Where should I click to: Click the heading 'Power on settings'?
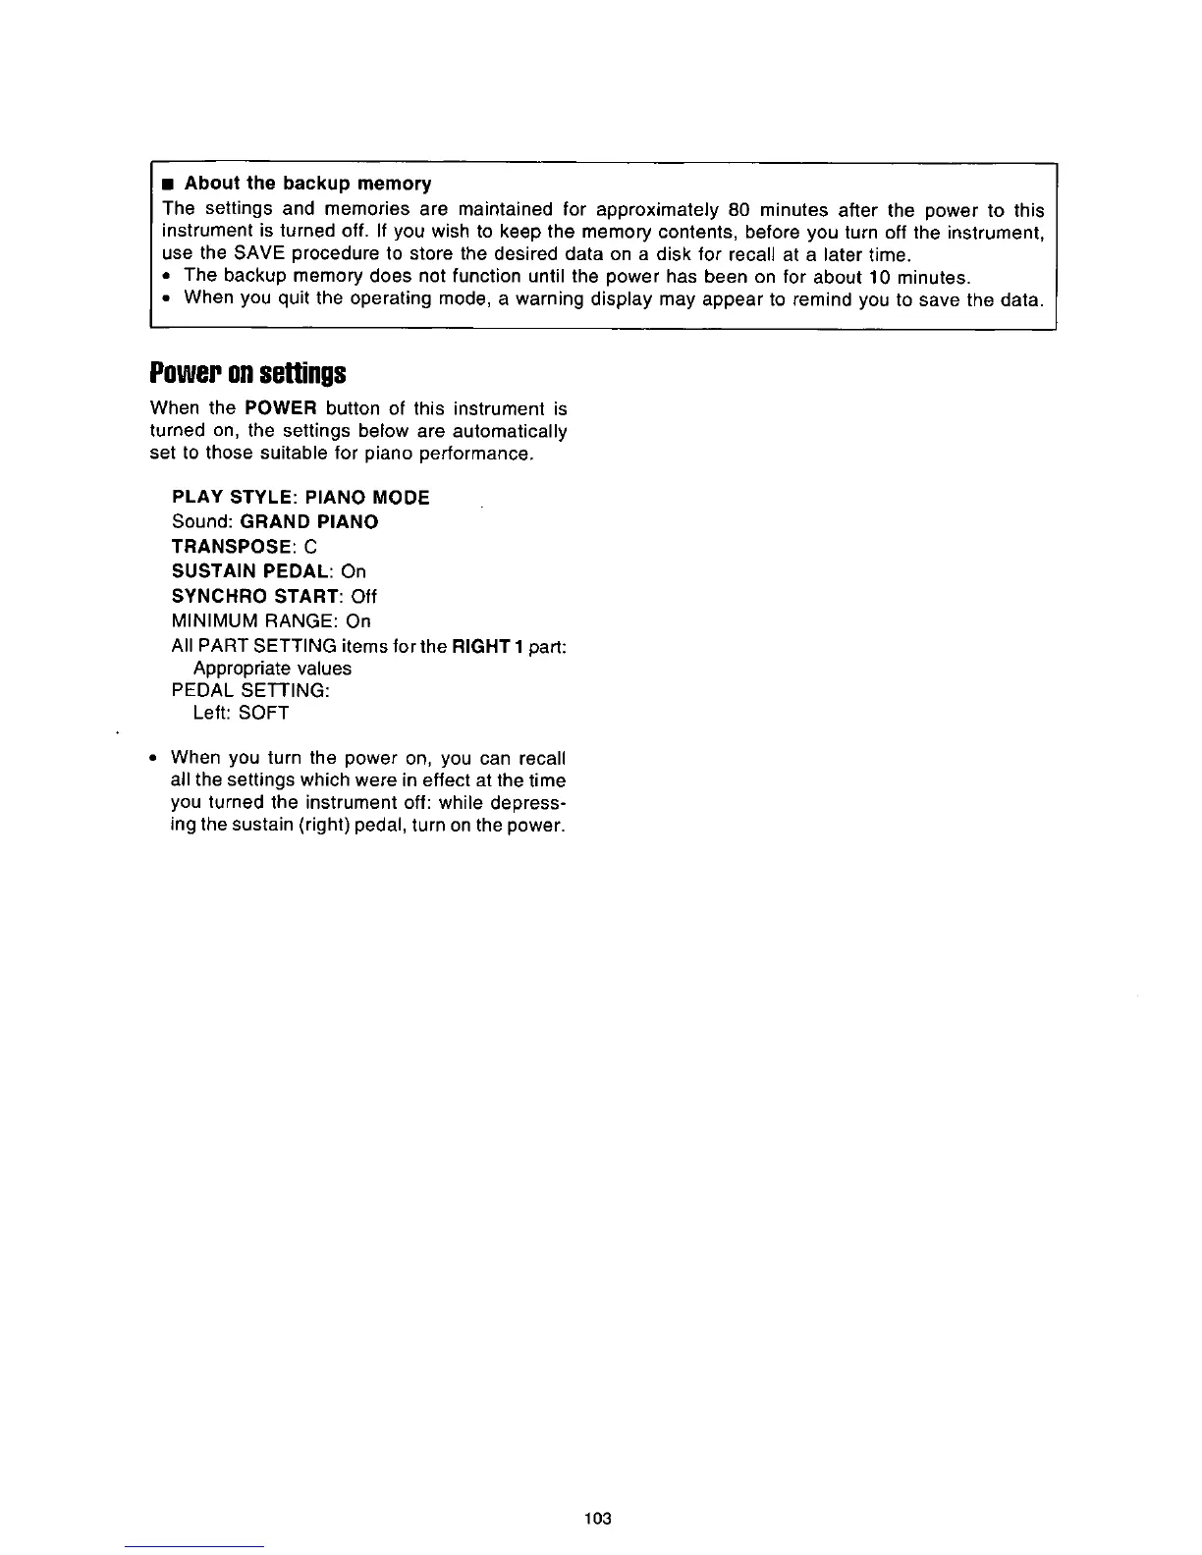tap(247, 374)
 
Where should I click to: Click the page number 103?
tap(597, 1518)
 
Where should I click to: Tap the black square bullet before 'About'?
tap(169, 184)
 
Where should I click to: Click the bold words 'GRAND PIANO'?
tap(308, 521)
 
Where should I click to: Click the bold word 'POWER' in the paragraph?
tap(278, 408)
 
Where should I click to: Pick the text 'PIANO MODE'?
tap(367, 497)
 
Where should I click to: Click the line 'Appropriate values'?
tap(272, 669)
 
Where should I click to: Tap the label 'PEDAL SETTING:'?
tap(250, 690)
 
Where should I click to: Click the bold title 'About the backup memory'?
tap(307, 184)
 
